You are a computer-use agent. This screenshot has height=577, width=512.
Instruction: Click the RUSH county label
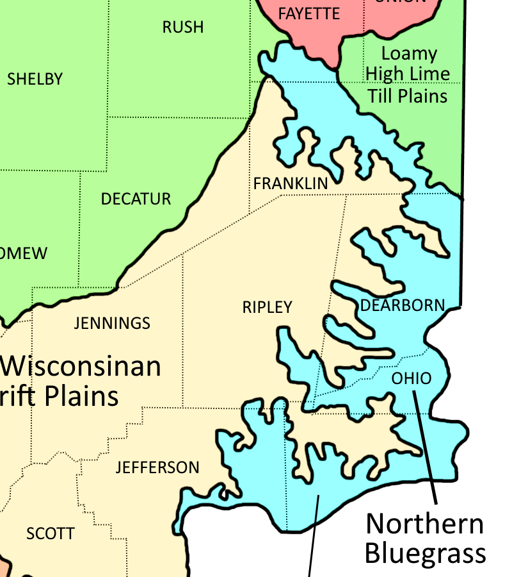tap(183, 27)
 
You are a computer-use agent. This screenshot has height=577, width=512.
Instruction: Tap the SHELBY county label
tap(35, 79)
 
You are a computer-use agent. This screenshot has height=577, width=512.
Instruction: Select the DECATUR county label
tap(136, 199)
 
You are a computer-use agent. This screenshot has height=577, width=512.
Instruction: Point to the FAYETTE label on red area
tap(309, 13)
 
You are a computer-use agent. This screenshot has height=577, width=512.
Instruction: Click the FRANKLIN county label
tap(291, 184)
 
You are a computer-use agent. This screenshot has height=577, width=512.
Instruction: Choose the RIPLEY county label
tap(267, 307)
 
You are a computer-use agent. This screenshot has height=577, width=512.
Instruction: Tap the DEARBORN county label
tap(403, 305)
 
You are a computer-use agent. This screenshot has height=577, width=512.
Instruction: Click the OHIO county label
tap(412, 378)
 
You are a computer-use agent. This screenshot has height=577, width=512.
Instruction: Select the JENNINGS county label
tap(112, 323)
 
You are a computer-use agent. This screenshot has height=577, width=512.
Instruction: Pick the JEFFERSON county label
tap(157, 467)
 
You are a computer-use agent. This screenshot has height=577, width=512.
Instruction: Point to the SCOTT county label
tap(50, 533)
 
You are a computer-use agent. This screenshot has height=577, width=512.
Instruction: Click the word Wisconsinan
tap(81, 367)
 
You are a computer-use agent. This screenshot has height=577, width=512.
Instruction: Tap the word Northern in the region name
tap(425, 524)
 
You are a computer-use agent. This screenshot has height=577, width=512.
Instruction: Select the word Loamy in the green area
tap(409, 54)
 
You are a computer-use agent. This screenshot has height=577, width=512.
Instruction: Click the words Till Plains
tap(407, 96)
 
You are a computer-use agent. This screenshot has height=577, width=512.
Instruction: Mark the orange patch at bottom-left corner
tap(5, 567)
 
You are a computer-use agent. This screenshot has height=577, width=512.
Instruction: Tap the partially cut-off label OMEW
tap(24, 253)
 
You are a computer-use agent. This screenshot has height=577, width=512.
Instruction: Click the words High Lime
tap(408, 74)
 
